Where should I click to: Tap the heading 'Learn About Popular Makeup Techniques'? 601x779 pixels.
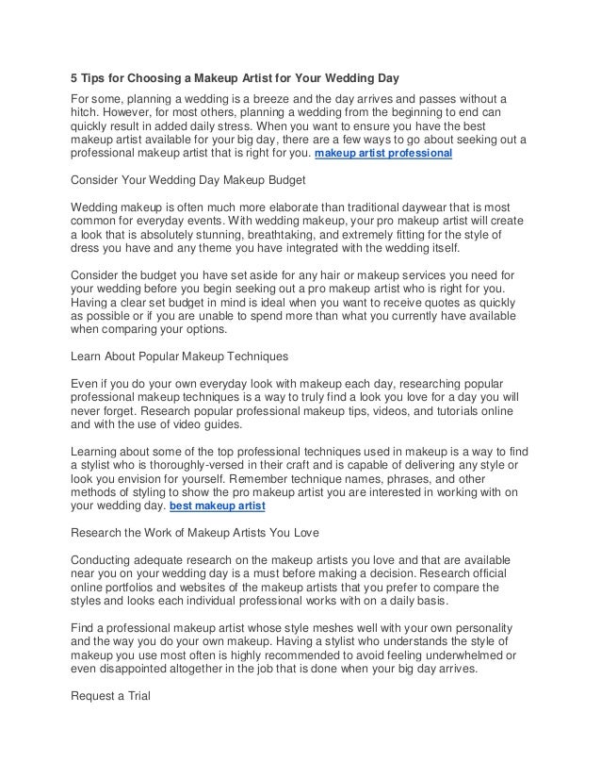click(x=181, y=358)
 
